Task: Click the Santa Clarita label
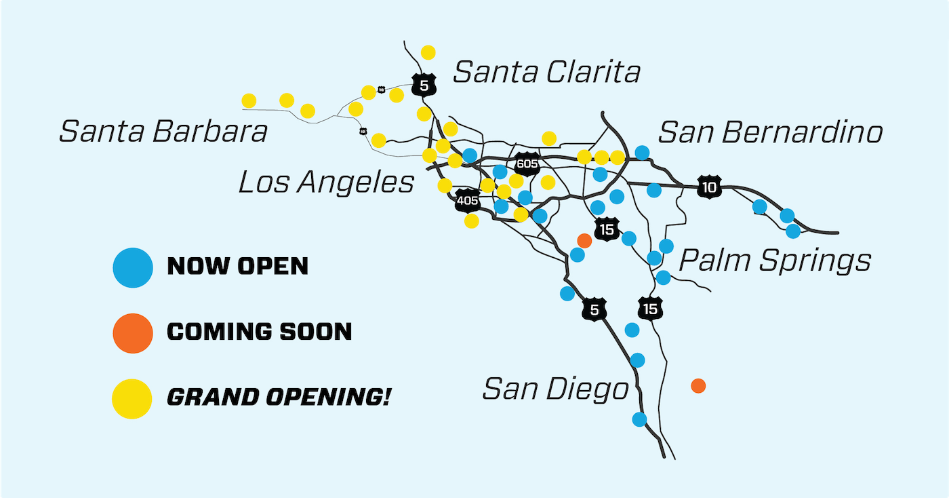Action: point(546,72)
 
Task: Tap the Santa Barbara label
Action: point(163,131)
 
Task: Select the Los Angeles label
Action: point(326,182)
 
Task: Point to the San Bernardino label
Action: point(770,132)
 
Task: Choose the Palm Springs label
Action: point(775,260)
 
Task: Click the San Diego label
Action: point(555,389)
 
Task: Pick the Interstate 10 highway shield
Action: point(709,187)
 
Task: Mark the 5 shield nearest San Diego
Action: point(594,311)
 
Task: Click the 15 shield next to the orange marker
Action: point(606,230)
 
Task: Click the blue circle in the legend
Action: point(133,267)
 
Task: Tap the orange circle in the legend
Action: point(133,333)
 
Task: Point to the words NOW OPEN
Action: point(237,266)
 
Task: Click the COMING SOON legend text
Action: point(260,332)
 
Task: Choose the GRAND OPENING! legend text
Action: point(278,397)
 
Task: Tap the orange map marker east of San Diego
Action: point(698,386)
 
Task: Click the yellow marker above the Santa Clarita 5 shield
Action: point(428,52)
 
